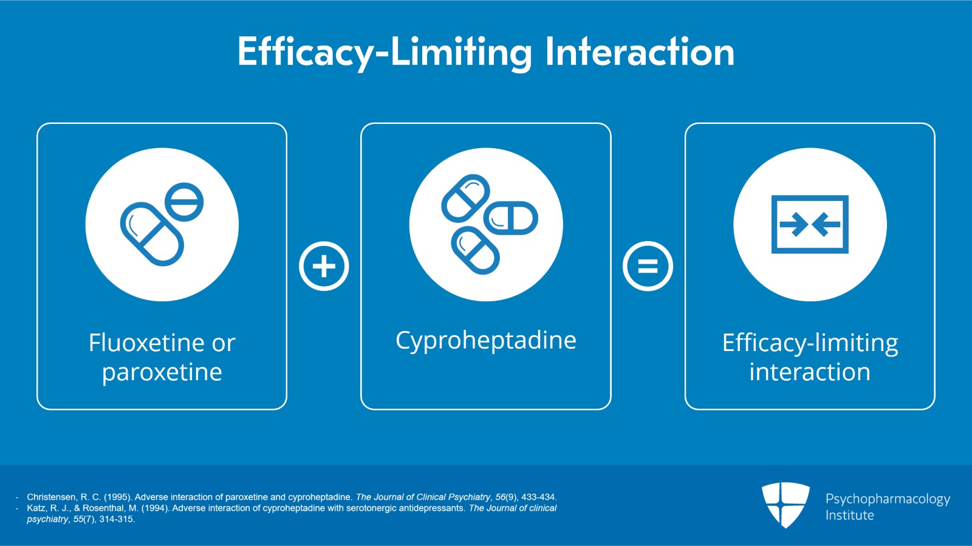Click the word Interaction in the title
tap(640, 52)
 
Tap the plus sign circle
tap(324, 266)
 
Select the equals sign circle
tap(648, 266)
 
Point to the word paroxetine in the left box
tap(162, 372)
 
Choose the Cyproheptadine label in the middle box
tap(485, 340)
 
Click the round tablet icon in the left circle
tap(184, 202)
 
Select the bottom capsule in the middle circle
tap(475, 250)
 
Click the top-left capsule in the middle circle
tap(465, 199)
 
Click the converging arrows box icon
tap(809, 224)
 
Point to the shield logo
tap(785, 504)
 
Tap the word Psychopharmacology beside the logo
tap(888, 499)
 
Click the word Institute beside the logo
tap(849, 516)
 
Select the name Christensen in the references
tap(51, 497)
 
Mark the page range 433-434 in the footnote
tap(538, 497)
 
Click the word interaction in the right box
tap(809, 372)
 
